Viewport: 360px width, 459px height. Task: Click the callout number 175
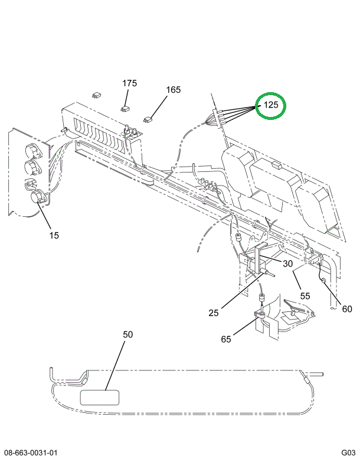130,83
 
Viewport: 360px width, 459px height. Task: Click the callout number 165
173,90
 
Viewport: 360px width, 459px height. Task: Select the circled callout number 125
270,106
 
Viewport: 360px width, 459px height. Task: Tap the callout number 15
54,235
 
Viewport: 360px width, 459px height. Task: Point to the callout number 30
287,264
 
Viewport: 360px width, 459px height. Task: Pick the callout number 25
214,313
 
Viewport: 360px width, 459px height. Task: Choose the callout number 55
305,295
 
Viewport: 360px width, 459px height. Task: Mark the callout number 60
346,308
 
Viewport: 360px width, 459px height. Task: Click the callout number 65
226,338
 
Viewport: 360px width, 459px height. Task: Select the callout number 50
128,335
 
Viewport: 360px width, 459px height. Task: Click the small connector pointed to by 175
125,108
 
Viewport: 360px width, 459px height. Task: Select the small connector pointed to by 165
148,119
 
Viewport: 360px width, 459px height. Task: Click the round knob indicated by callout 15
38,198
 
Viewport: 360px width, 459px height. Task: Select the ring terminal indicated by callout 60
323,280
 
